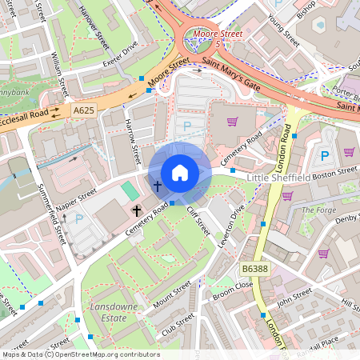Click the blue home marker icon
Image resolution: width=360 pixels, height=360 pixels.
pos(180,172)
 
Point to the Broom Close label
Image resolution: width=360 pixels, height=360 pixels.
pos(232,290)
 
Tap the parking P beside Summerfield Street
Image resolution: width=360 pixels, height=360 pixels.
pos(78,218)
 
